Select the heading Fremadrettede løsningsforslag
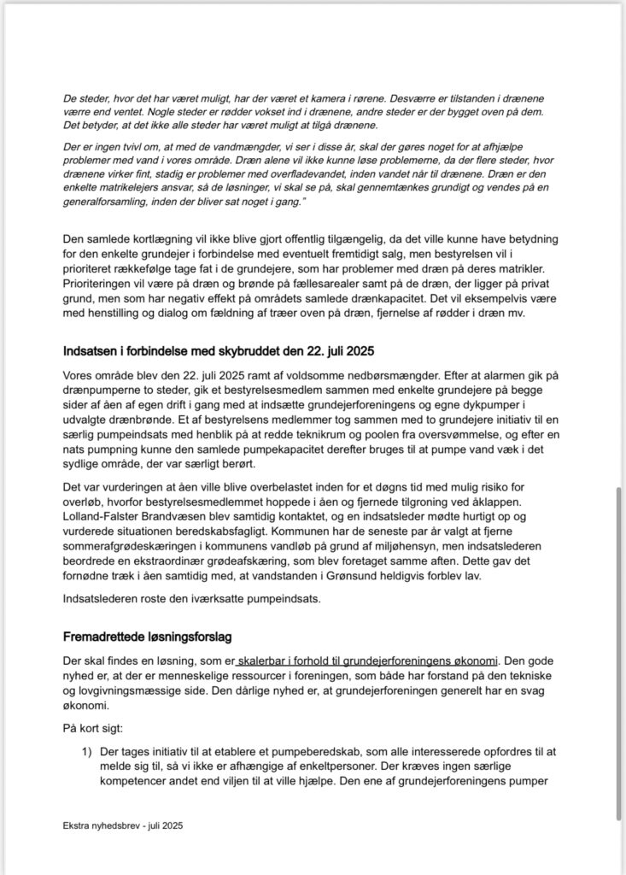point(148,637)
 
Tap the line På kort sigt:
point(92,728)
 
